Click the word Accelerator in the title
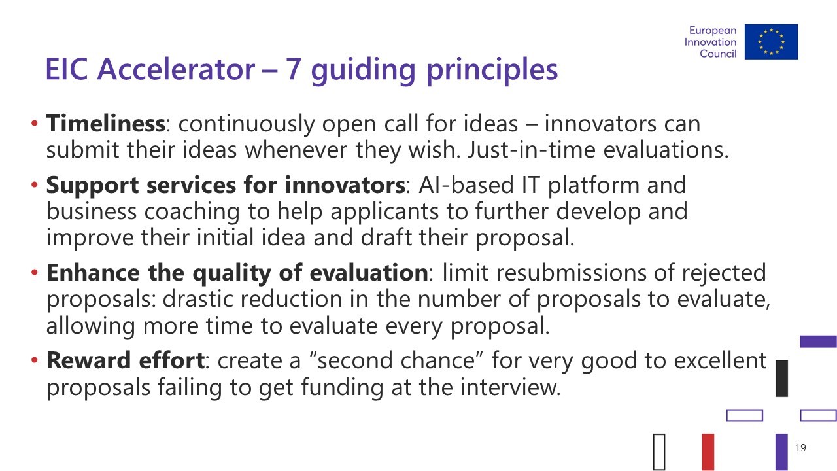176,69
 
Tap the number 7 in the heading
294,69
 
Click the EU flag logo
771,41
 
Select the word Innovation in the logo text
710,42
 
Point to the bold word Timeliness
105,124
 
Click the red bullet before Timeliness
35,124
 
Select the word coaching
192,212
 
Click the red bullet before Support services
35,184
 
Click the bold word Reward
88,360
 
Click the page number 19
800,448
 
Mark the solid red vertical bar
708,451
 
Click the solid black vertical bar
781,378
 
